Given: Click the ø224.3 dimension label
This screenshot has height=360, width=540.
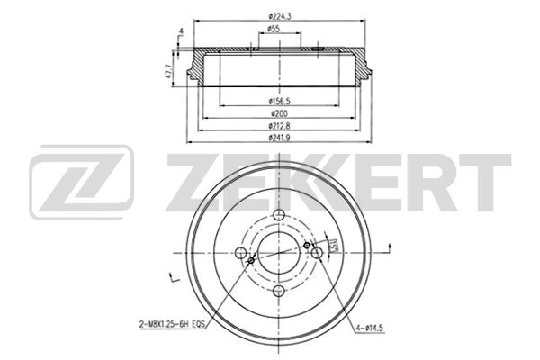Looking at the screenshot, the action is [x=280, y=16].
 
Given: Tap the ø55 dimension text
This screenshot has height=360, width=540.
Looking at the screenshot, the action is [x=274, y=29].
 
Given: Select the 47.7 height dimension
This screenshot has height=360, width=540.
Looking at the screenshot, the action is [x=168, y=71].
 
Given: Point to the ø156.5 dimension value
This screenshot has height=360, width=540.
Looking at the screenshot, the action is [x=279, y=101].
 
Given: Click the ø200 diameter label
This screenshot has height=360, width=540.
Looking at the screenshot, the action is [x=279, y=113].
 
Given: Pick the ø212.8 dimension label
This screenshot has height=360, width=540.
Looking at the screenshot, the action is [x=279, y=126].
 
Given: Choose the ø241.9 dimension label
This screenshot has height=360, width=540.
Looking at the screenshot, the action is [x=279, y=138].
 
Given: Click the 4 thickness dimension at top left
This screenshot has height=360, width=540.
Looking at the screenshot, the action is [x=181, y=32].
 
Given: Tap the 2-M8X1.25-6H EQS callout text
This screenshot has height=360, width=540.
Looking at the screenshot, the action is [x=172, y=324].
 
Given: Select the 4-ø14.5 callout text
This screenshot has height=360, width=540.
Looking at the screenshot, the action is [x=370, y=328].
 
